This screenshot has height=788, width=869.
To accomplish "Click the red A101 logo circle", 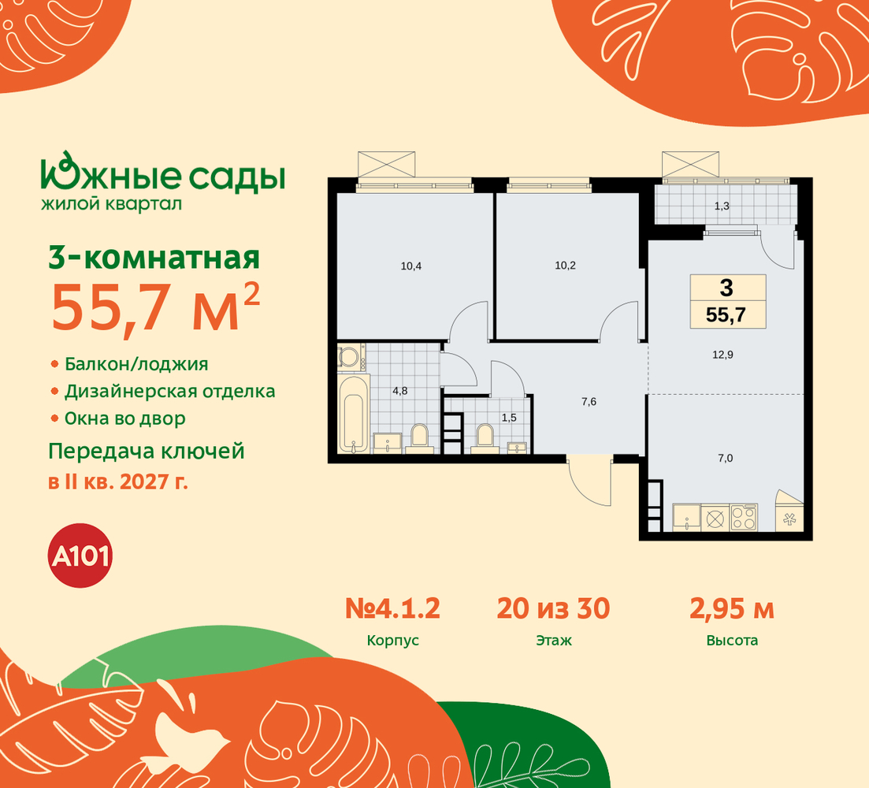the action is coord(81,556).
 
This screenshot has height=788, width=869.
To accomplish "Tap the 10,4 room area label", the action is coord(410,266).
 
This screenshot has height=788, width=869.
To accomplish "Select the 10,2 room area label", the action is coord(565,266).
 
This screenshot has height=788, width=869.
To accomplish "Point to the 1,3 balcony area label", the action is coord(721,206).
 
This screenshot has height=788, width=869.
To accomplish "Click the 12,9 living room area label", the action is coord(722,355).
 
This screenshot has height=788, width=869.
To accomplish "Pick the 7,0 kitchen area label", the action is coord(725,458).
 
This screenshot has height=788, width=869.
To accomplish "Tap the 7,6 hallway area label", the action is coord(589,401).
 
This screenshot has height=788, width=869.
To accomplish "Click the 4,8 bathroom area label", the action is coord(399,391).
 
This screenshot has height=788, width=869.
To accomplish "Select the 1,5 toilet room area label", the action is coord(508,418).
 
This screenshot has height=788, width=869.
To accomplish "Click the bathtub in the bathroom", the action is coord(354,414).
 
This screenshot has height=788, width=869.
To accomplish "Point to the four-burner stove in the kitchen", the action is coord(743,518).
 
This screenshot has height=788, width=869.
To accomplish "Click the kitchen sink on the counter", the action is coord(687,518).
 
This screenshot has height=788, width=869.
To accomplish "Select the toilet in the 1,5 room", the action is coord(485,436).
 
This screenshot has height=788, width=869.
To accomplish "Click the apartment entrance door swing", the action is coord(589,483).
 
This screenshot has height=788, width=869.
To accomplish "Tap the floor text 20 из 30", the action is coord(553,608).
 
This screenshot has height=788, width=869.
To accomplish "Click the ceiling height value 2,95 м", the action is coord(732,609).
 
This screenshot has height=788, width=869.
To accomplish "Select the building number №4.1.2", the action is coord(392,608).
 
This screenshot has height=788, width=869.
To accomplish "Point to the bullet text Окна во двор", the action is coord(124,418).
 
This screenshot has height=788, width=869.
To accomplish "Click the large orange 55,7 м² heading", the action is coord(154,307).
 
